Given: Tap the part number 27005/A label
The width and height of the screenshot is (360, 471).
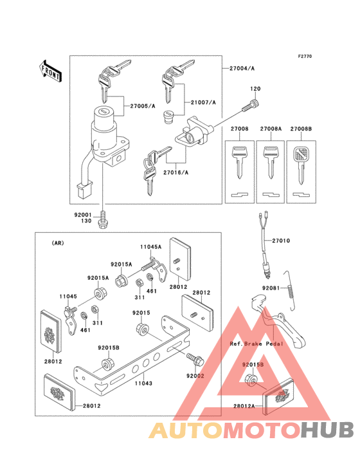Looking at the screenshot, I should coord(143,105).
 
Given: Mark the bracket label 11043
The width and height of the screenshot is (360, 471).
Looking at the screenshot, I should coord(144,382).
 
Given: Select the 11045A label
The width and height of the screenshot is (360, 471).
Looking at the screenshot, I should coord(151,246).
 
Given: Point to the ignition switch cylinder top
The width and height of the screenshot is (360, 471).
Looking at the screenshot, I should coord(103,113).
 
